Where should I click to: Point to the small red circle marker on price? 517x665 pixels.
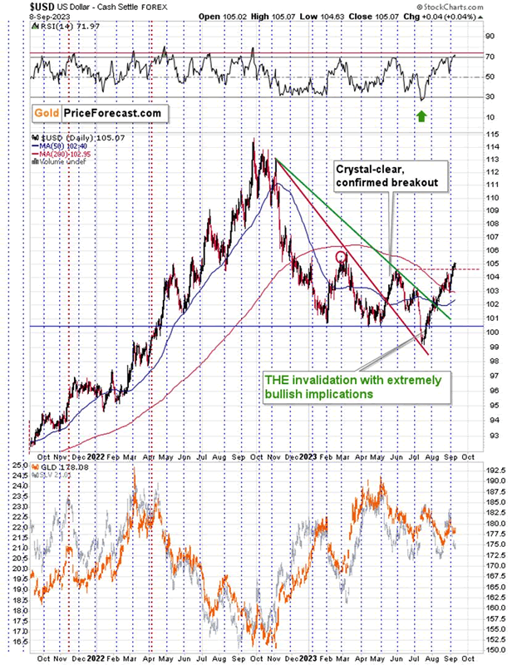[340, 258]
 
